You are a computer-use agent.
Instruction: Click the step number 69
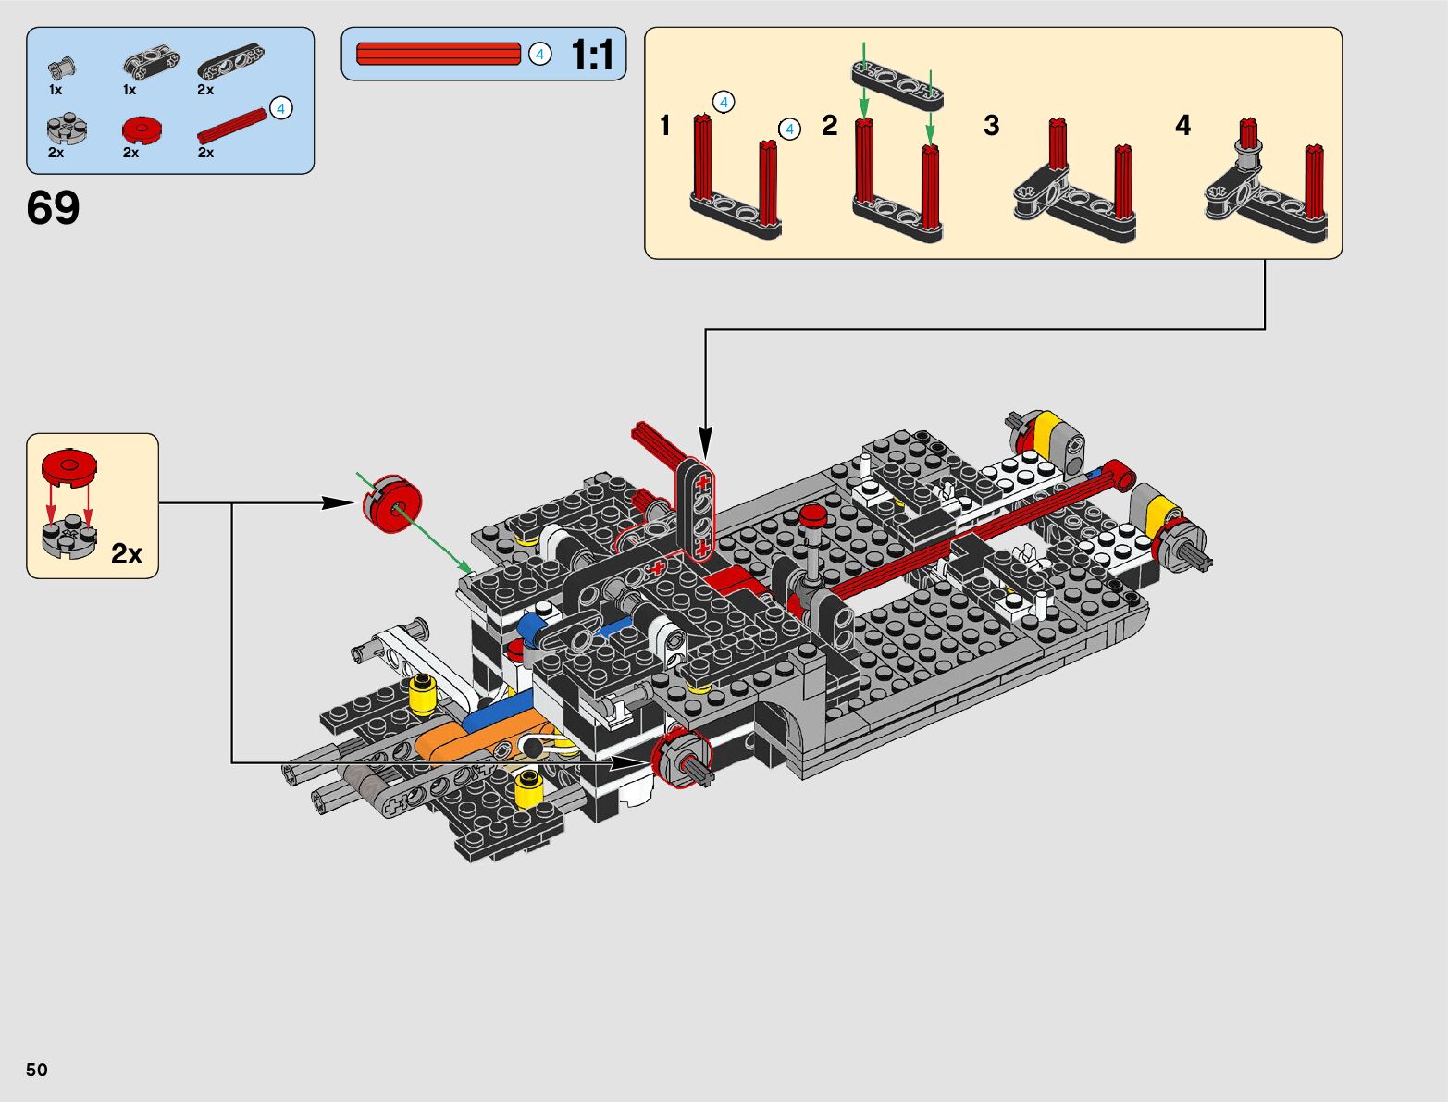click(53, 207)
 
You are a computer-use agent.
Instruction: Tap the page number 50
click(37, 1069)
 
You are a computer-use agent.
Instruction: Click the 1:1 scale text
click(592, 54)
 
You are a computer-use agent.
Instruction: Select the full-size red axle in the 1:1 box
click(438, 54)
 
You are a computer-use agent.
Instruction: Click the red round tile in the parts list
click(142, 130)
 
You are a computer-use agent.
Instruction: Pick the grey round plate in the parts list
click(67, 129)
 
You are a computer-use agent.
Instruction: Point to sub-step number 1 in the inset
click(665, 125)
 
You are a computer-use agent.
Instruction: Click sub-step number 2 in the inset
click(829, 125)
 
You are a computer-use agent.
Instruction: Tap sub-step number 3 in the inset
click(991, 125)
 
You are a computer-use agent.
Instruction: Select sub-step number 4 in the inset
click(1182, 125)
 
